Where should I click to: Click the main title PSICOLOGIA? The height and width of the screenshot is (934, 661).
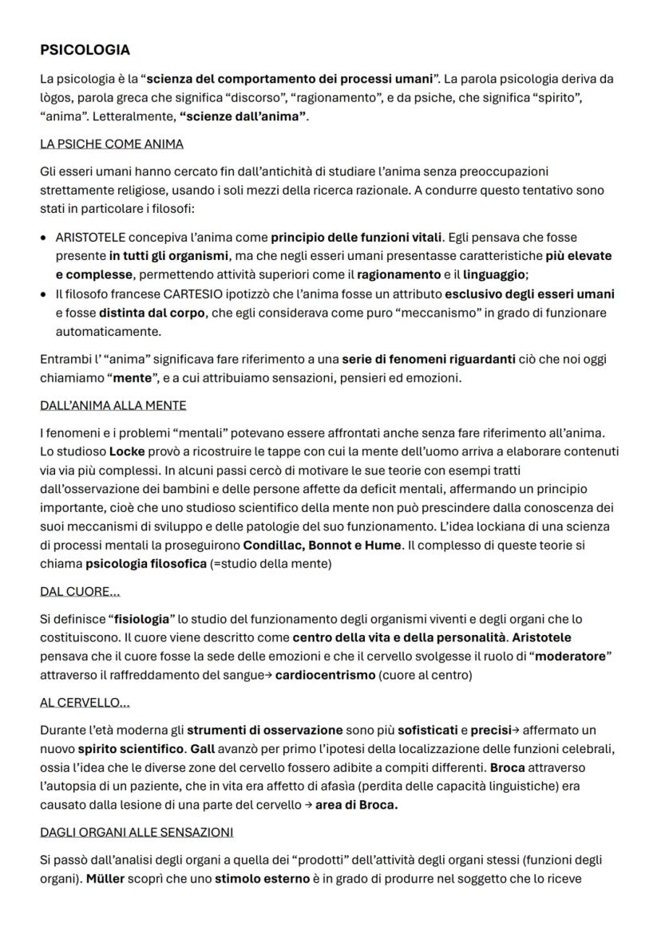click(x=85, y=50)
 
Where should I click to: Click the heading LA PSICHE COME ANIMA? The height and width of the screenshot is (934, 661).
click(x=112, y=144)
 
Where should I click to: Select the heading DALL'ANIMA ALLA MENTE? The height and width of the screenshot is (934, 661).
click(x=113, y=405)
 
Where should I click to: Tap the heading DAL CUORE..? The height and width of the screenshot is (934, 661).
click(x=80, y=592)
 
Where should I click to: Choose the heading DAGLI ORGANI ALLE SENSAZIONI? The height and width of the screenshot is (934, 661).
click(x=137, y=832)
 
